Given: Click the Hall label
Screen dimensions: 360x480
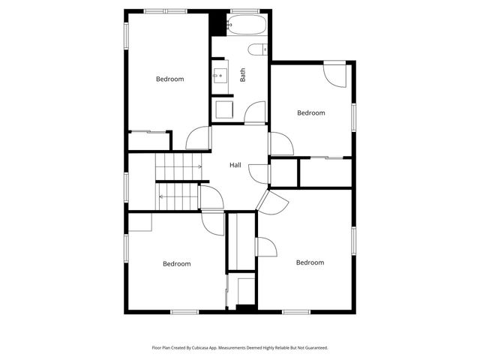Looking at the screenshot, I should (x=235, y=165).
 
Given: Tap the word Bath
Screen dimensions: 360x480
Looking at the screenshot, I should (x=242, y=75).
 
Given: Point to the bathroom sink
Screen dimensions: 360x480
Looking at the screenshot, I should (x=220, y=75).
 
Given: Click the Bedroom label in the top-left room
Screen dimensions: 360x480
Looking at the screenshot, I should (x=169, y=79).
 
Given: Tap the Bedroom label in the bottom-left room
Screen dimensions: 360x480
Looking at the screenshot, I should (x=177, y=263).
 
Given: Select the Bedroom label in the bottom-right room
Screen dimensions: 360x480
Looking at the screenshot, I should (x=310, y=262).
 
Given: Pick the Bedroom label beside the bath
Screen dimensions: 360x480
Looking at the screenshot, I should (x=310, y=112).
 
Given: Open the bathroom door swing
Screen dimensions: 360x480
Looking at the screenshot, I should (x=256, y=112).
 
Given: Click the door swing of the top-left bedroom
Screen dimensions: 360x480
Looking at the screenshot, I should (x=199, y=138).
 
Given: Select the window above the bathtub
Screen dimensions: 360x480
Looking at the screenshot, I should (x=245, y=10).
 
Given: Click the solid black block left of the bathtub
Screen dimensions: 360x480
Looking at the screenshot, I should (x=218, y=22).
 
